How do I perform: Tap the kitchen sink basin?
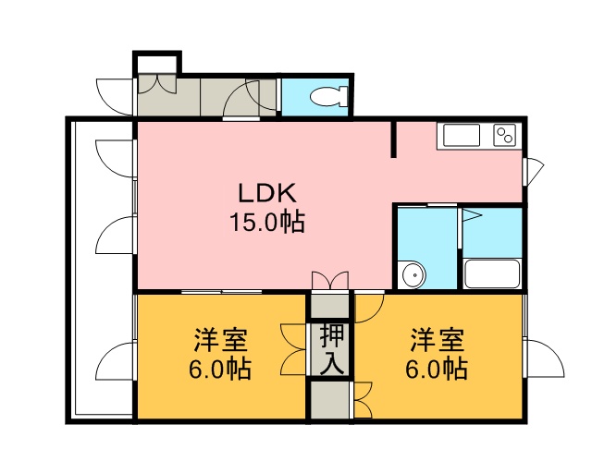[462, 135]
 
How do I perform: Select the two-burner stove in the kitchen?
[505, 135]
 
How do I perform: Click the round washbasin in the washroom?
[413, 274]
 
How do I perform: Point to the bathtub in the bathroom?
[492, 273]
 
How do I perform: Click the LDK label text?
[266, 193]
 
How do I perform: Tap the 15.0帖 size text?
[267, 222]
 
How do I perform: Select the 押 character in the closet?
[332, 337]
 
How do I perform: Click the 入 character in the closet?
[332, 364]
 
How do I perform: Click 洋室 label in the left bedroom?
[221, 340]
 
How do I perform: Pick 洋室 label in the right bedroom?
[438, 340]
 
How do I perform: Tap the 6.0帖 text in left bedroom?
[220, 369]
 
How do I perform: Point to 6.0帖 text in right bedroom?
[437, 369]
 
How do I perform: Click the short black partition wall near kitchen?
[393, 139]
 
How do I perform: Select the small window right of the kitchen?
[533, 172]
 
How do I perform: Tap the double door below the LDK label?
[330, 281]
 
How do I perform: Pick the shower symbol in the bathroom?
[471, 216]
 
